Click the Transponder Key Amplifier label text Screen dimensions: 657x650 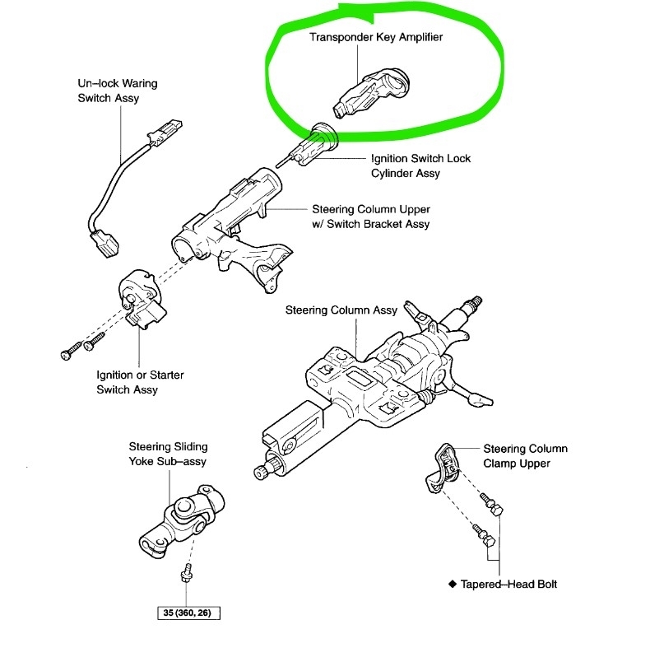pos(375,38)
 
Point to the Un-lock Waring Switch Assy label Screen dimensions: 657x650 pos(118,91)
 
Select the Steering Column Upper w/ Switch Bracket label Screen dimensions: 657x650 pos(370,217)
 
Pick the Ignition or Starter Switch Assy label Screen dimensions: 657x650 pos(139,382)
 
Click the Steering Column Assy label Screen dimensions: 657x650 pos(341,310)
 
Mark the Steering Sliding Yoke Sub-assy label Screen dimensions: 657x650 pos(168,454)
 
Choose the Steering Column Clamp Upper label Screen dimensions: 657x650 pos(525,456)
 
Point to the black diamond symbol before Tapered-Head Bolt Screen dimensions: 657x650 pos(452,585)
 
